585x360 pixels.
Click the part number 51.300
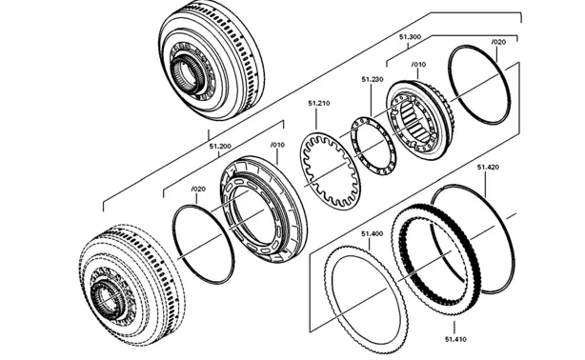click(x=410, y=37)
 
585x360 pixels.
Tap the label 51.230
click(x=373, y=79)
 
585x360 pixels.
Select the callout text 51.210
click(x=319, y=103)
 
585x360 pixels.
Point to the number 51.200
click(x=220, y=147)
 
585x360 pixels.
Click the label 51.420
click(x=488, y=167)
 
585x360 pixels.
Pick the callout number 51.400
click(x=372, y=234)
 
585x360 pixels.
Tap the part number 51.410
click(x=455, y=339)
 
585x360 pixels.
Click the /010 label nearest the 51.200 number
click(x=277, y=145)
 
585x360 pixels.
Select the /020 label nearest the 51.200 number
click(x=198, y=189)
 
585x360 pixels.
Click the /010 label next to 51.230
click(x=418, y=64)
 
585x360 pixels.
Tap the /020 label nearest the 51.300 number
click(x=498, y=42)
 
